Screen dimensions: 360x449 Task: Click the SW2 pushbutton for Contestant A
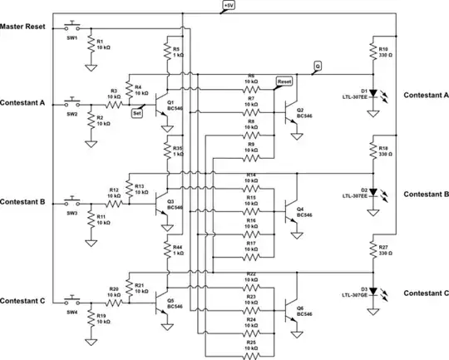72,103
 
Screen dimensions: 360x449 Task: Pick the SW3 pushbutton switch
72,202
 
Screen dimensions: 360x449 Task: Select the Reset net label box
284,82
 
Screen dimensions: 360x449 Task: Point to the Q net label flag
317,65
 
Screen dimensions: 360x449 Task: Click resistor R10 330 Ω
373,52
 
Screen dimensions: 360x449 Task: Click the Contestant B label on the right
426,194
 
